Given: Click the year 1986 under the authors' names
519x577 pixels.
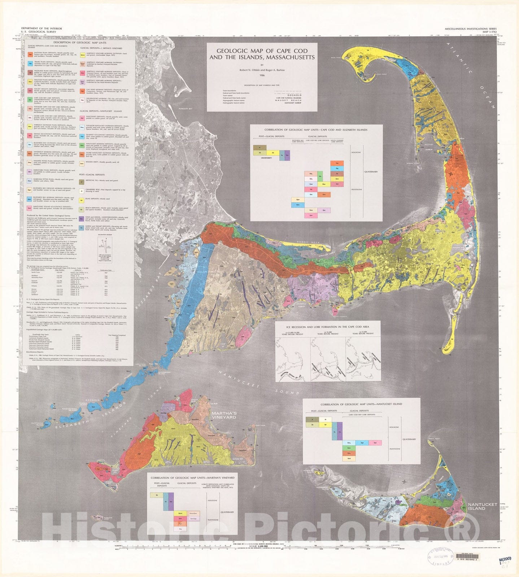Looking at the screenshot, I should [262, 75].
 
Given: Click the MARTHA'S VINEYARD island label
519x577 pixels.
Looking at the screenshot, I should [224, 415].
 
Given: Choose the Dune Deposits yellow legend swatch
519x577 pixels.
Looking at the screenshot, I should [82, 200].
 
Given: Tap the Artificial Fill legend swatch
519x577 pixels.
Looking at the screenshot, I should [82, 182].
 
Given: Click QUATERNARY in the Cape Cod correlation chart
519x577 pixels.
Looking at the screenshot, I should [371, 172].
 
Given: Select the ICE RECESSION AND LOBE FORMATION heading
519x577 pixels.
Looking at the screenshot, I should [327, 327].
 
